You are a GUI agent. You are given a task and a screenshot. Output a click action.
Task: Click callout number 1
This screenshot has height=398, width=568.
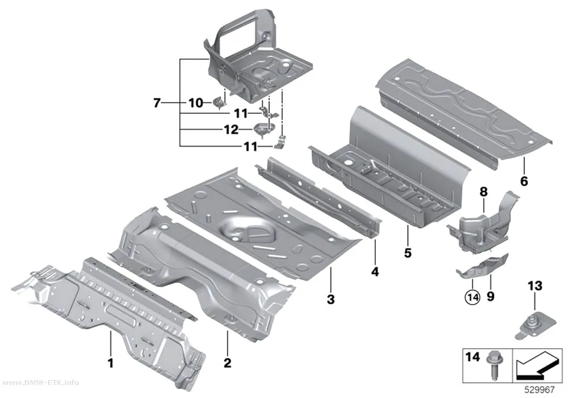click(111, 362)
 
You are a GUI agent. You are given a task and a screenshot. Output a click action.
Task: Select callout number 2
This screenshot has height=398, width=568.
click(228, 362)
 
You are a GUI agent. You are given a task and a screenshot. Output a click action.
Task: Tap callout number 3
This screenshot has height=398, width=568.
click(331, 299)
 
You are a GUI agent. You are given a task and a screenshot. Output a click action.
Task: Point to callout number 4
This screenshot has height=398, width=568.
click(375, 271)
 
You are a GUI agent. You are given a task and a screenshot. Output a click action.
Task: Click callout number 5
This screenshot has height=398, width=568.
click(408, 253)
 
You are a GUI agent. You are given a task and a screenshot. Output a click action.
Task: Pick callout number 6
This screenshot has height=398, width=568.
click(524, 180)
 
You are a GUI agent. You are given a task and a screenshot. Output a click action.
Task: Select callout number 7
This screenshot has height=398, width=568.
click(156, 103)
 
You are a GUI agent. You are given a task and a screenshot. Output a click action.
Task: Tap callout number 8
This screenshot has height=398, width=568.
click(484, 192)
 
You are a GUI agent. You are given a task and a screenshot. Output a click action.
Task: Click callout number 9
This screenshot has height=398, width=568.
click(491, 297)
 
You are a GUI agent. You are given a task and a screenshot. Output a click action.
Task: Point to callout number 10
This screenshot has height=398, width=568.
click(196, 103)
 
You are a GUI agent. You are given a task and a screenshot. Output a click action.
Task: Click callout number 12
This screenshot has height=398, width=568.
click(231, 129)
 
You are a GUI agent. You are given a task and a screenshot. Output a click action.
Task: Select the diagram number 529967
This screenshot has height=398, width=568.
click(539, 390)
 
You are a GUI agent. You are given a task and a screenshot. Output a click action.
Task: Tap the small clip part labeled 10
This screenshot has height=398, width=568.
click(219, 102)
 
